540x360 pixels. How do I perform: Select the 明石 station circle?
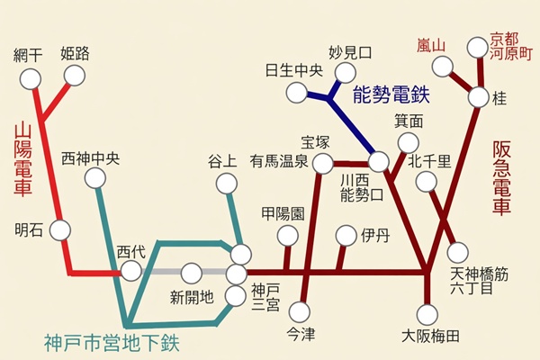coord(60,229)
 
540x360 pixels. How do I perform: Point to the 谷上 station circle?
coord(226,184)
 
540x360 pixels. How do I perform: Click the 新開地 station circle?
coord(191,273)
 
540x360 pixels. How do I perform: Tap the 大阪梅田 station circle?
coord(429,314)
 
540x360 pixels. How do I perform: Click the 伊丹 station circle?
coord(346,236)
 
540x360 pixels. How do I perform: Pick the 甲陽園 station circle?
coord(287,236)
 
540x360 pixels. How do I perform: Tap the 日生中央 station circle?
coord(297,92)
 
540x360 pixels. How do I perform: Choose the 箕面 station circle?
coord(409,142)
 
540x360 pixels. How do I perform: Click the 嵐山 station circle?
coord(443,66)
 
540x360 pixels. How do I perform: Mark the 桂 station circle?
coord(478,96)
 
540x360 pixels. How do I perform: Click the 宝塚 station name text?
coord(316,141)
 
